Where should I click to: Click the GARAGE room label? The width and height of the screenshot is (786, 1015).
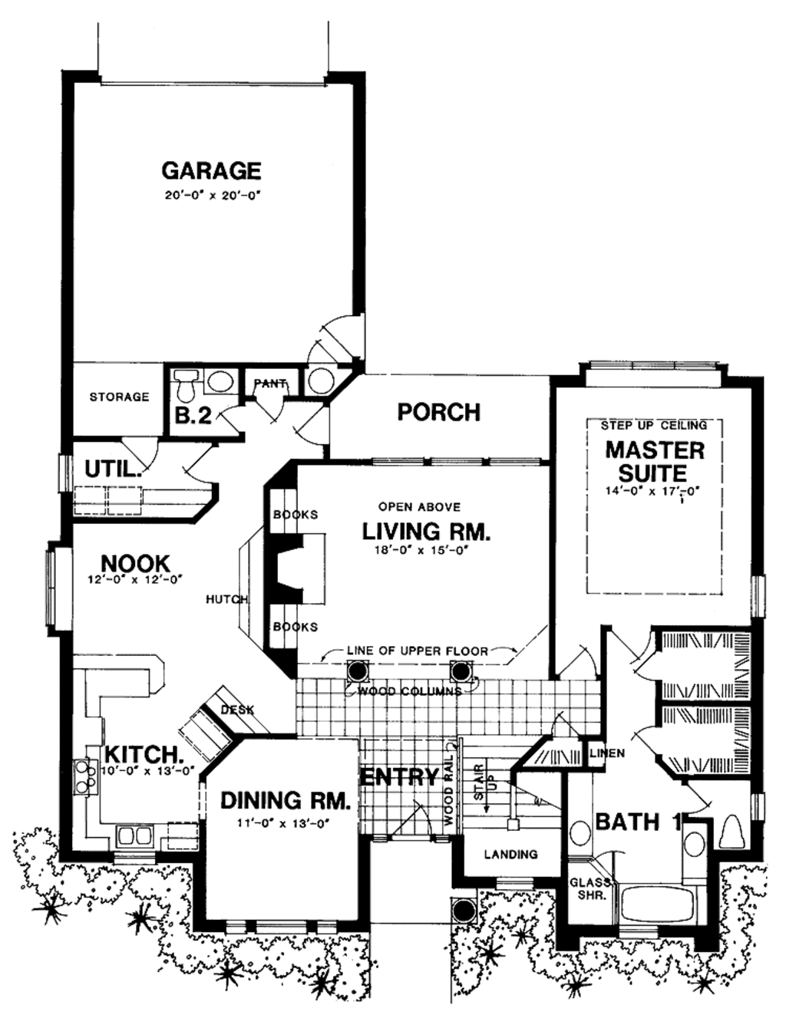[211, 170]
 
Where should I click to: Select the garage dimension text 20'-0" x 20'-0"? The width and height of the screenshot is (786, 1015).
[213, 196]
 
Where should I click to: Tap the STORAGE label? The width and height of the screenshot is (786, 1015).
[119, 397]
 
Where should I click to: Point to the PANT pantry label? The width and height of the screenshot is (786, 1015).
[269, 384]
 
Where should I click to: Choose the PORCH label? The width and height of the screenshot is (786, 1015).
[438, 412]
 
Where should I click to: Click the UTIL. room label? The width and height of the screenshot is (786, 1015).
[113, 469]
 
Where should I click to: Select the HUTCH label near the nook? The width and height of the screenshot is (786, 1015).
[226, 599]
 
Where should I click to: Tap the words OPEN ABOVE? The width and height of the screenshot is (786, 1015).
[419, 507]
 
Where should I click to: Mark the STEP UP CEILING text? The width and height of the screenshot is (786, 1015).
[653, 425]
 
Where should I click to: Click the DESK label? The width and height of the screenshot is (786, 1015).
[237, 710]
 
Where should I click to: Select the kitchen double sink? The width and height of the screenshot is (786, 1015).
[134, 835]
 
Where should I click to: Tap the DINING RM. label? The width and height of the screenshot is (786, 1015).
[285, 801]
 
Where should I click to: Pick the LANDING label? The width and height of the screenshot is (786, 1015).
[510, 854]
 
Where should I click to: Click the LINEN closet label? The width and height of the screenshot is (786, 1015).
[607, 753]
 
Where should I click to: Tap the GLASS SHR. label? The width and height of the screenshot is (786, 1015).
[589, 888]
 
